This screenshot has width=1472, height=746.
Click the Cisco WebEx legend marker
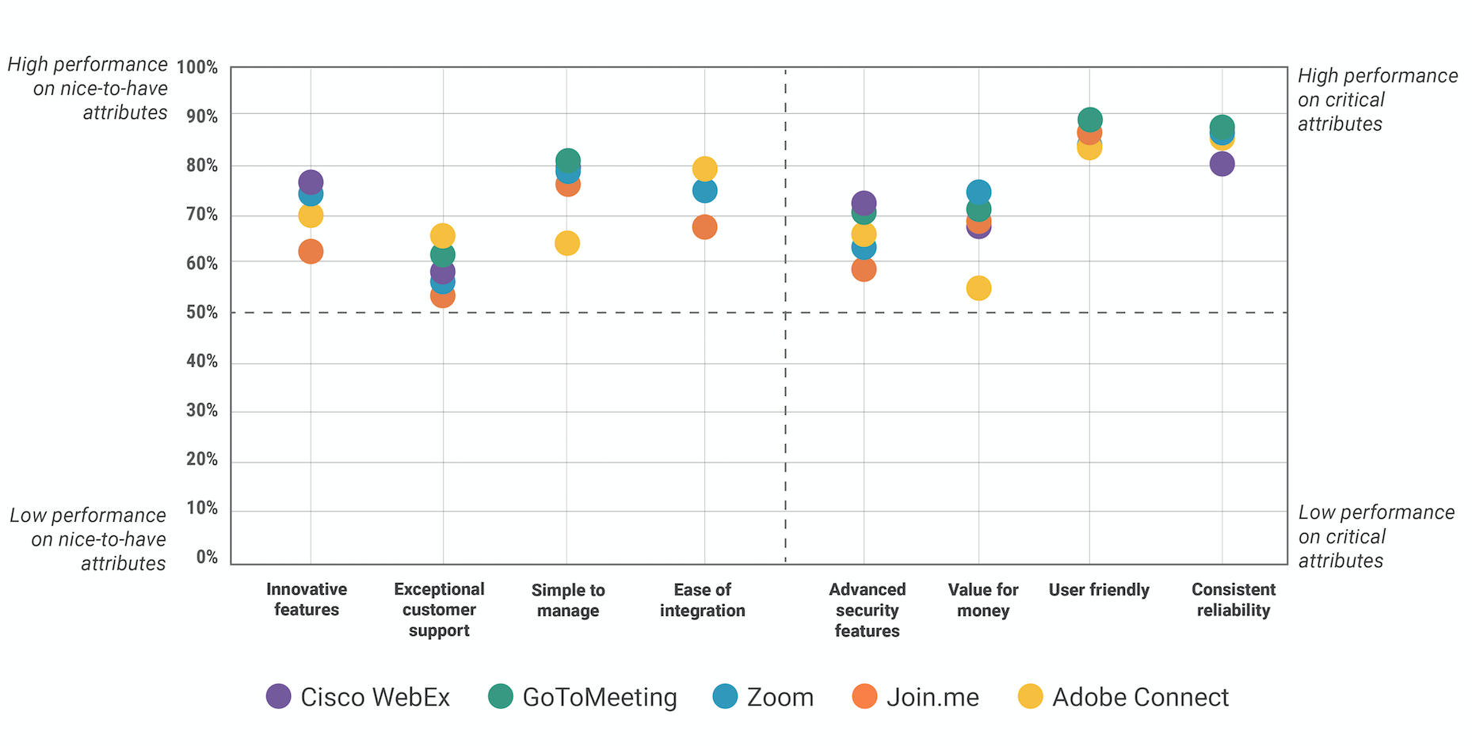pyautogui.click(x=278, y=697)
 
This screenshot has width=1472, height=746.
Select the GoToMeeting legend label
pyautogui.click(x=599, y=697)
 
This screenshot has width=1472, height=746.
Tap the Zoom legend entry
pyautogui.click(x=780, y=697)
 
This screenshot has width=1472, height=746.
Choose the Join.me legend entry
pyautogui.click(x=932, y=697)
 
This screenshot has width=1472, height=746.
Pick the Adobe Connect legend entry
pyautogui.click(x=1139, y=697)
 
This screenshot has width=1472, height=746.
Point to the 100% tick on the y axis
pyautogui.click(x=197, y=67)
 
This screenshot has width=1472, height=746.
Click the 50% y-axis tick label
pyautogui.click(x=201, y=313)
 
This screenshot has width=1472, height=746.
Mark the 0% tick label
pyautogui.click(x=206, y=558)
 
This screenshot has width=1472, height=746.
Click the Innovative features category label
pyautogui.click(x=307, y=599)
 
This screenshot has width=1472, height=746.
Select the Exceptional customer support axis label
pyautogui.click(x=439, y=610)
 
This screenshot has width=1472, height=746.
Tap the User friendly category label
pyautogui.click(x=1099, y=590)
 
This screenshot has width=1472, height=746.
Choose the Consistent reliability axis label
pyautogui.click(x=1234, y=599)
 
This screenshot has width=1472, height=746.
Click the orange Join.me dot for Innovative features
pyautogui.click(x=311, y=252)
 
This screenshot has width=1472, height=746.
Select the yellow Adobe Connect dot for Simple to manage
pyautogui.click(x=567, y=243)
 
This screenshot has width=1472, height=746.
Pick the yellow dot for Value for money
pyautogui.click(x=978, y=288)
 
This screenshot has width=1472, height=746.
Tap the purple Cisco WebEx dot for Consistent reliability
pyautogui.click(x=1222, y=164)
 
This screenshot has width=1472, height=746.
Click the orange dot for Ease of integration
pyautogui.click(x=704, y=227)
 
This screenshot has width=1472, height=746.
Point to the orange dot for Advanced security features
pyautogui.click(x=864, y=269)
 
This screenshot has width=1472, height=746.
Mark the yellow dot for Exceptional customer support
pyautogui.click(x=442, y=235)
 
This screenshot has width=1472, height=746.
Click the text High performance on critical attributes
pyautogui.click(x=1377, y=100)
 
